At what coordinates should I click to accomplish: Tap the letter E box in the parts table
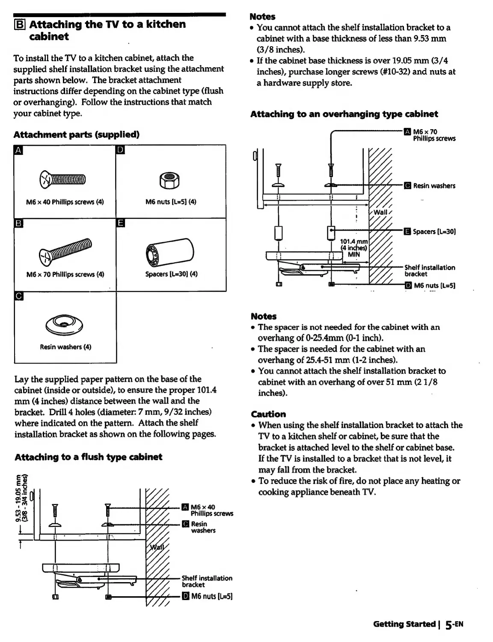(x=120, y=223)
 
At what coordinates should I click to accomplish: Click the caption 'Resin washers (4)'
(x=65, y=347)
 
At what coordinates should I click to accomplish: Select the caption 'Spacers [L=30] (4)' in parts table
(x=171, y=274)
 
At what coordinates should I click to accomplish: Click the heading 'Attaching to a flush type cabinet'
(x=89, y=457)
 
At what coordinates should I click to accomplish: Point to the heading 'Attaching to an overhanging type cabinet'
(x=344, y=114)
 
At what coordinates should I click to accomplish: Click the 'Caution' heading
(x=268, y=414)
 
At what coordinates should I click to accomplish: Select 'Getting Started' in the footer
(x=404, y=624)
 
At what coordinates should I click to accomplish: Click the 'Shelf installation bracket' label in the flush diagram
(x=207, y=581)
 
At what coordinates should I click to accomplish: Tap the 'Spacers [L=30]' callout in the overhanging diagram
(x=434, y=232)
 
